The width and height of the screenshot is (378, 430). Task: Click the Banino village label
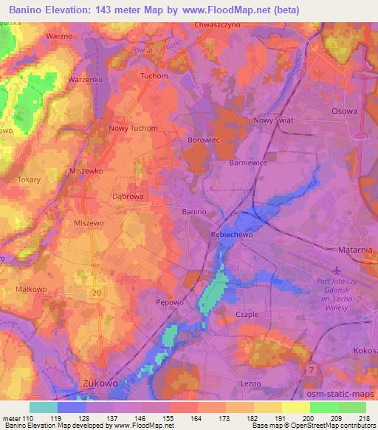(x=193, y=211)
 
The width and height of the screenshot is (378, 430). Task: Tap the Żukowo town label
(x=96, y=383)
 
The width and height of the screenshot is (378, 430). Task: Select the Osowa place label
(x=344, y=112)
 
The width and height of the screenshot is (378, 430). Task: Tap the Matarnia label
(x=356, y=250)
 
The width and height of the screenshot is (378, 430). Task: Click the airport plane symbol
(x=338, y=271)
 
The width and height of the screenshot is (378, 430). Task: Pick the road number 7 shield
(x=312, y=369)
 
